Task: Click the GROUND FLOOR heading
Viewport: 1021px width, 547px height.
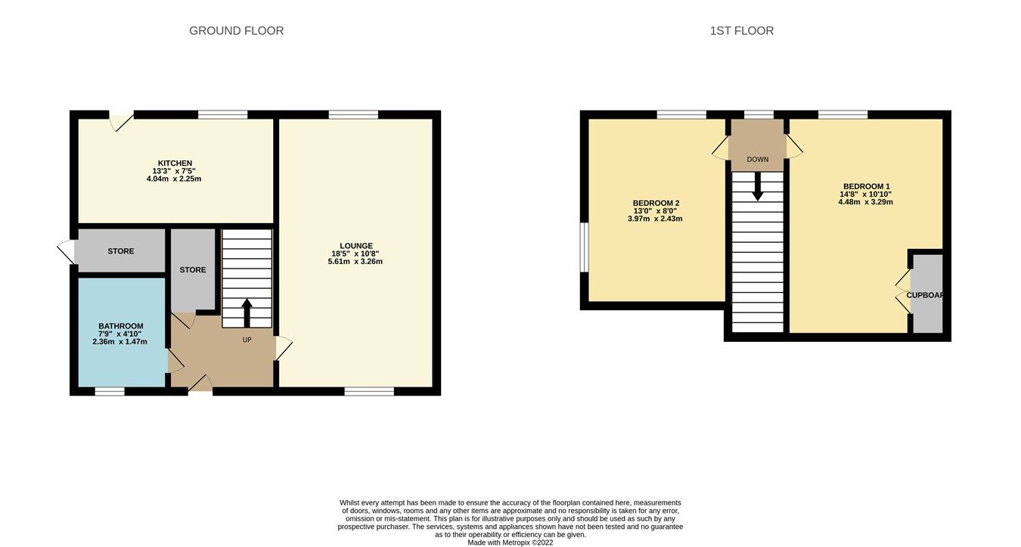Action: (x=236, y=31)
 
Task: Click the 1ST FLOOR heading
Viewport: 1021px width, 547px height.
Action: (x=741, y=31)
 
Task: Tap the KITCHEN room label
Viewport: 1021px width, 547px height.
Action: (x=174, y=163)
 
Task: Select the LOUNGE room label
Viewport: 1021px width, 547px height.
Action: (x=355, y=246)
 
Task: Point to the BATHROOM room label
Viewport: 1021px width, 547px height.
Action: (x=120, y=326)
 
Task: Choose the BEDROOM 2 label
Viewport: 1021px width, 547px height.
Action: (x=656, y=203)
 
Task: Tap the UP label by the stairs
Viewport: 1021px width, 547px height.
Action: (x=247, y=340)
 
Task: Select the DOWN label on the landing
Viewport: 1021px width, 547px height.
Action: (x=757, y=160)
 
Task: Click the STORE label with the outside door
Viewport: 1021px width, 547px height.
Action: (x=121, y=251)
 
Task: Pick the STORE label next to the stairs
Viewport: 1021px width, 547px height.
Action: (x=192, y=269)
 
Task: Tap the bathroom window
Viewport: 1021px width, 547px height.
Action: (x=110, y=391)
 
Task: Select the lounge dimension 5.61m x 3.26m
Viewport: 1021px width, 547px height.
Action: (x=355, y=262)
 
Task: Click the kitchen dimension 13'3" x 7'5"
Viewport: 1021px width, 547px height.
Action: (x=174, y=171)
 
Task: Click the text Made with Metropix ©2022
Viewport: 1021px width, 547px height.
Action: (x=510, y=542)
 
